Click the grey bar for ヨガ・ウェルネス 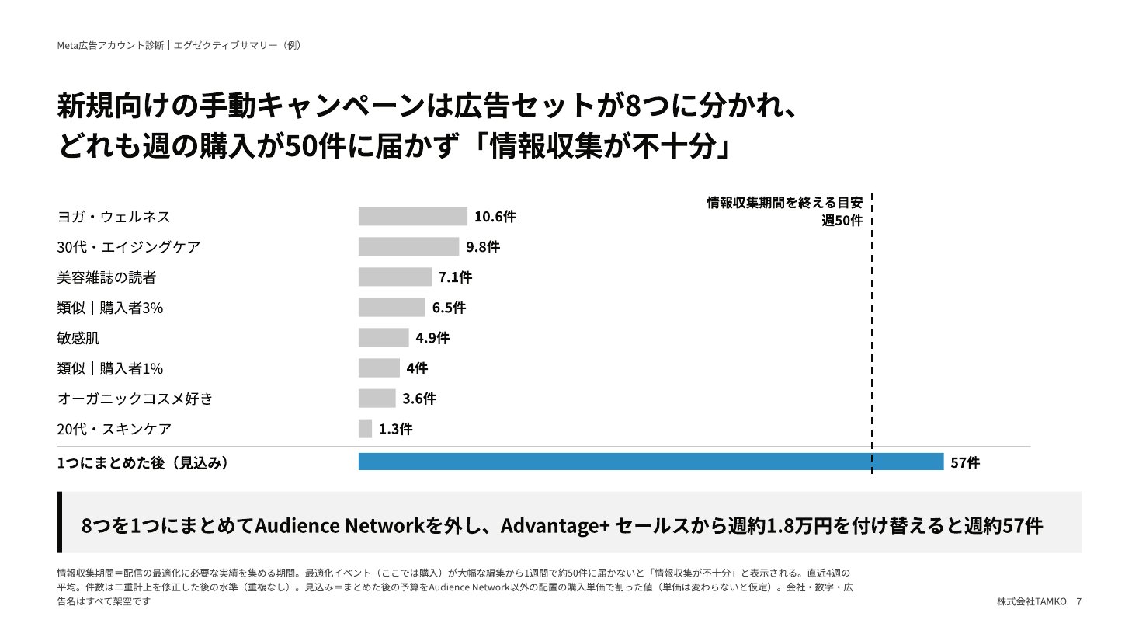coord(412,216)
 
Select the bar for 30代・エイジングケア coord(408,247)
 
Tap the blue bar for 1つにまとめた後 coord(651,462)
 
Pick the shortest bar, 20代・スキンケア coord(365,428)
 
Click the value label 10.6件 coord(495,217)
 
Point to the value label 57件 coord(965,462)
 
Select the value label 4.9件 coord(432,338)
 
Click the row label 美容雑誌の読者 coord(106,277)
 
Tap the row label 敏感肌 coord(78,338)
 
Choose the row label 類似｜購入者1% coord(109,368)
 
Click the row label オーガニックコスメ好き coord(135,399)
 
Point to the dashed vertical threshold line coord(872,333)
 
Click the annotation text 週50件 coord(842,221)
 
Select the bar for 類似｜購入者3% coord(391,307)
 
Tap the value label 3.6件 coord(419,399)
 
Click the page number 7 coord(1078,601)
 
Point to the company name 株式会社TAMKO coord(1032,601)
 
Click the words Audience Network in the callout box coord(339,525)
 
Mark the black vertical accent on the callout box coord(60,522)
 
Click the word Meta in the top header coord(67,45)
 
